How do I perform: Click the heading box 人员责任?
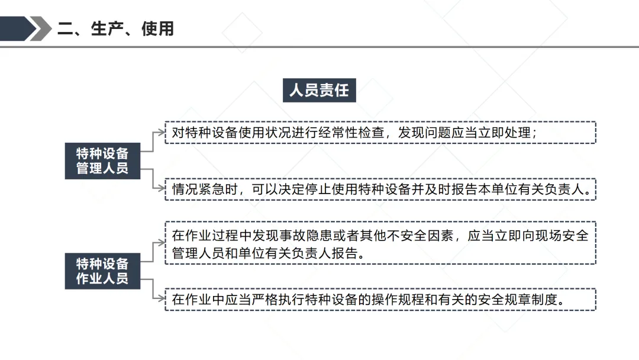tap(319, 90)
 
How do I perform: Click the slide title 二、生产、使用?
tap(115, 29)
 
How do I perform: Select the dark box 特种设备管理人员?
tap(102, 160)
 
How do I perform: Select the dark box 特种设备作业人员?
tap(102, 271)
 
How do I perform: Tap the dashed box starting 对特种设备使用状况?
tap(380, 133)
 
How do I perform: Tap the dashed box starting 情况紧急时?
tap(380, 189)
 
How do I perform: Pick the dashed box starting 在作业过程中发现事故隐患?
tap(380, 243)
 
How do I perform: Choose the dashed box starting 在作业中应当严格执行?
tap(380, 300)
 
